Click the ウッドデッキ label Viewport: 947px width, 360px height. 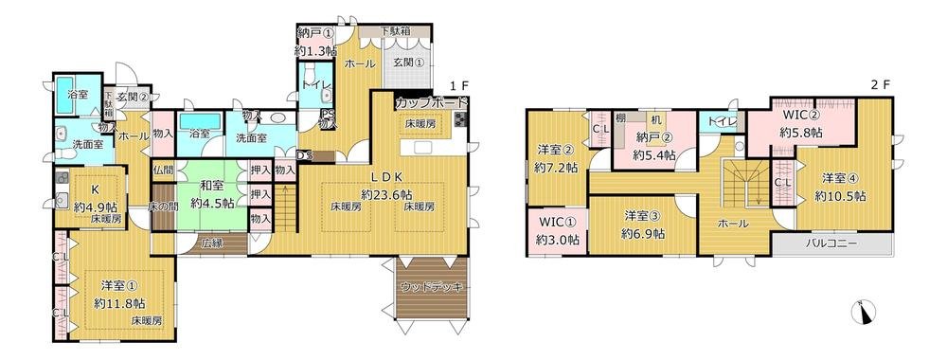point(426,285)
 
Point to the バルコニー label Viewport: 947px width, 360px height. point(831,243)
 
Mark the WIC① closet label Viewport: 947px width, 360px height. point(557,224)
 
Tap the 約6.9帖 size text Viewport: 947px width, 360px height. point(643,232)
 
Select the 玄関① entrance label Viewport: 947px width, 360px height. point(409,63)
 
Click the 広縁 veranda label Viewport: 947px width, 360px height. point(212,243)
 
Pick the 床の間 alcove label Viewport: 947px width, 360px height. point(164,206)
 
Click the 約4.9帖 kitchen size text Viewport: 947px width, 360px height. point(98,207)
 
